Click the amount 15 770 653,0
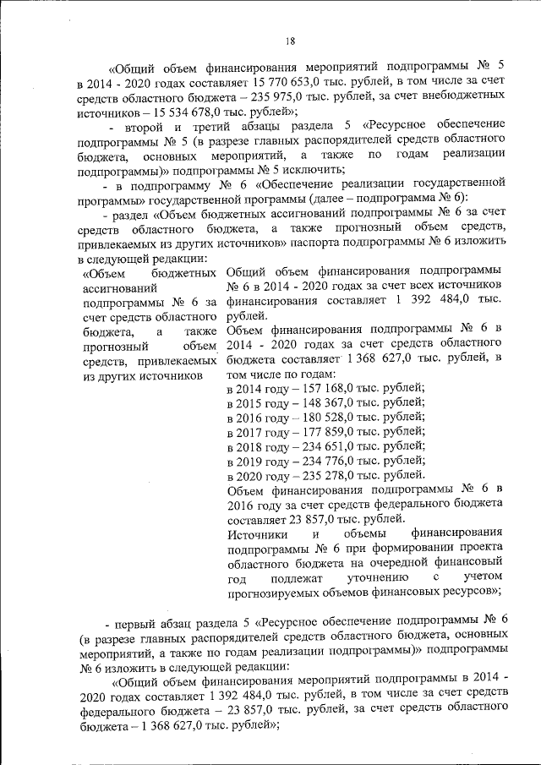click(x=289, y=83)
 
